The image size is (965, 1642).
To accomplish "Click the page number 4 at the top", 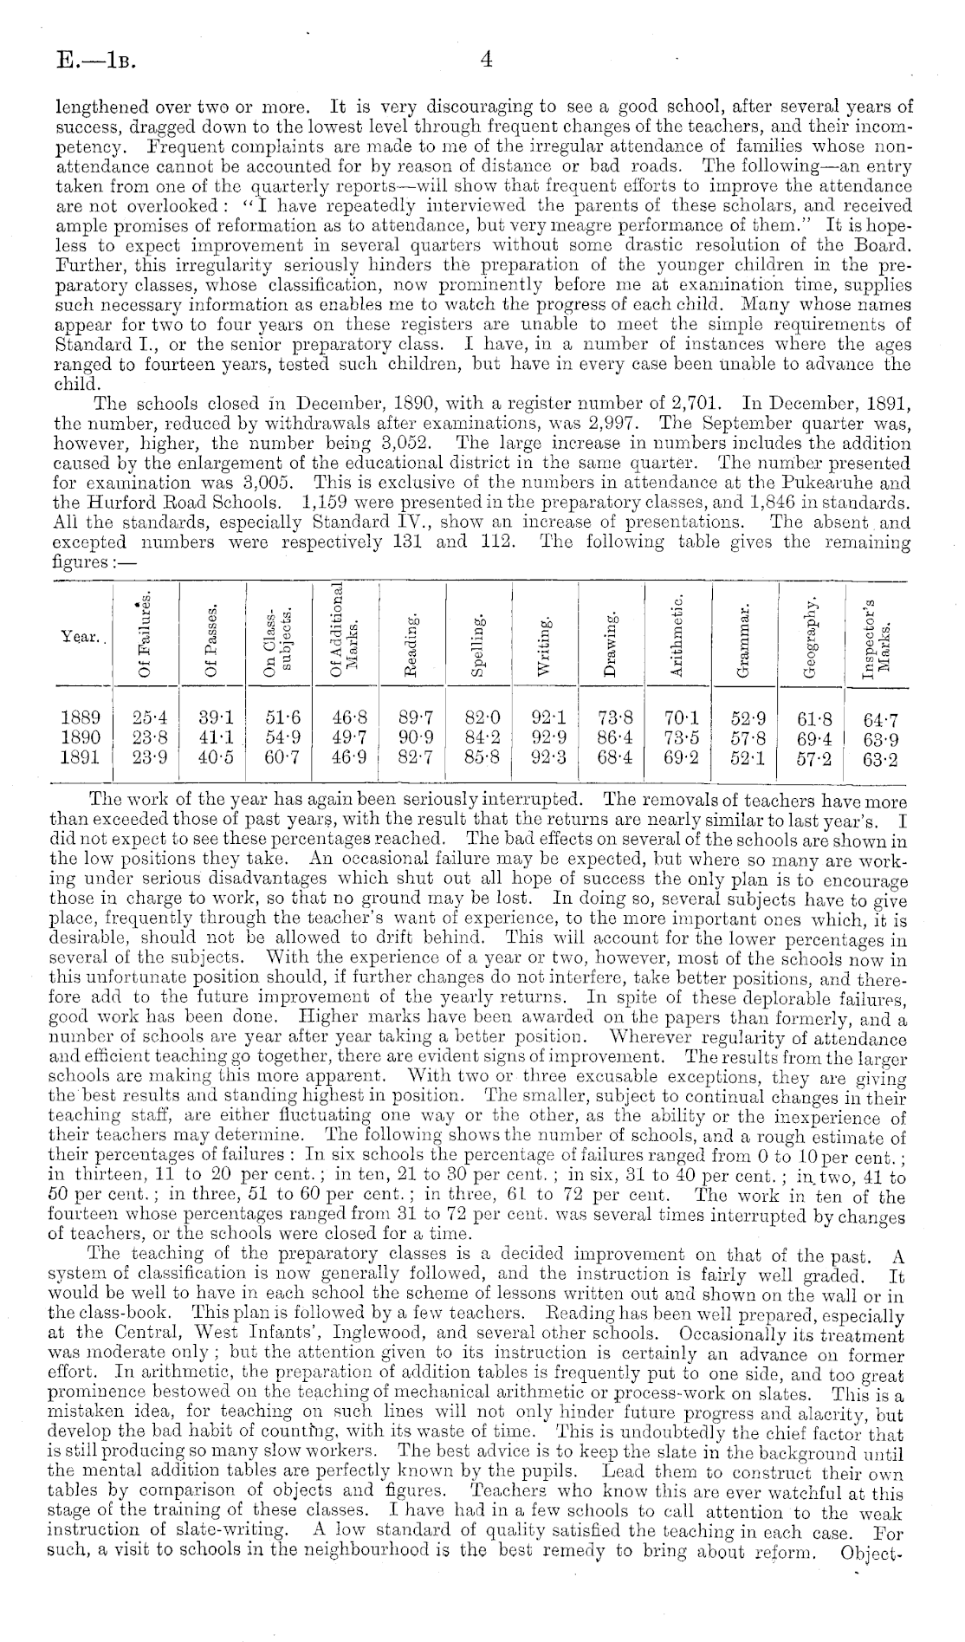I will tap(486, 60).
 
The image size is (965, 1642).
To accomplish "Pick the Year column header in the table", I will tap(81, 637).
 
